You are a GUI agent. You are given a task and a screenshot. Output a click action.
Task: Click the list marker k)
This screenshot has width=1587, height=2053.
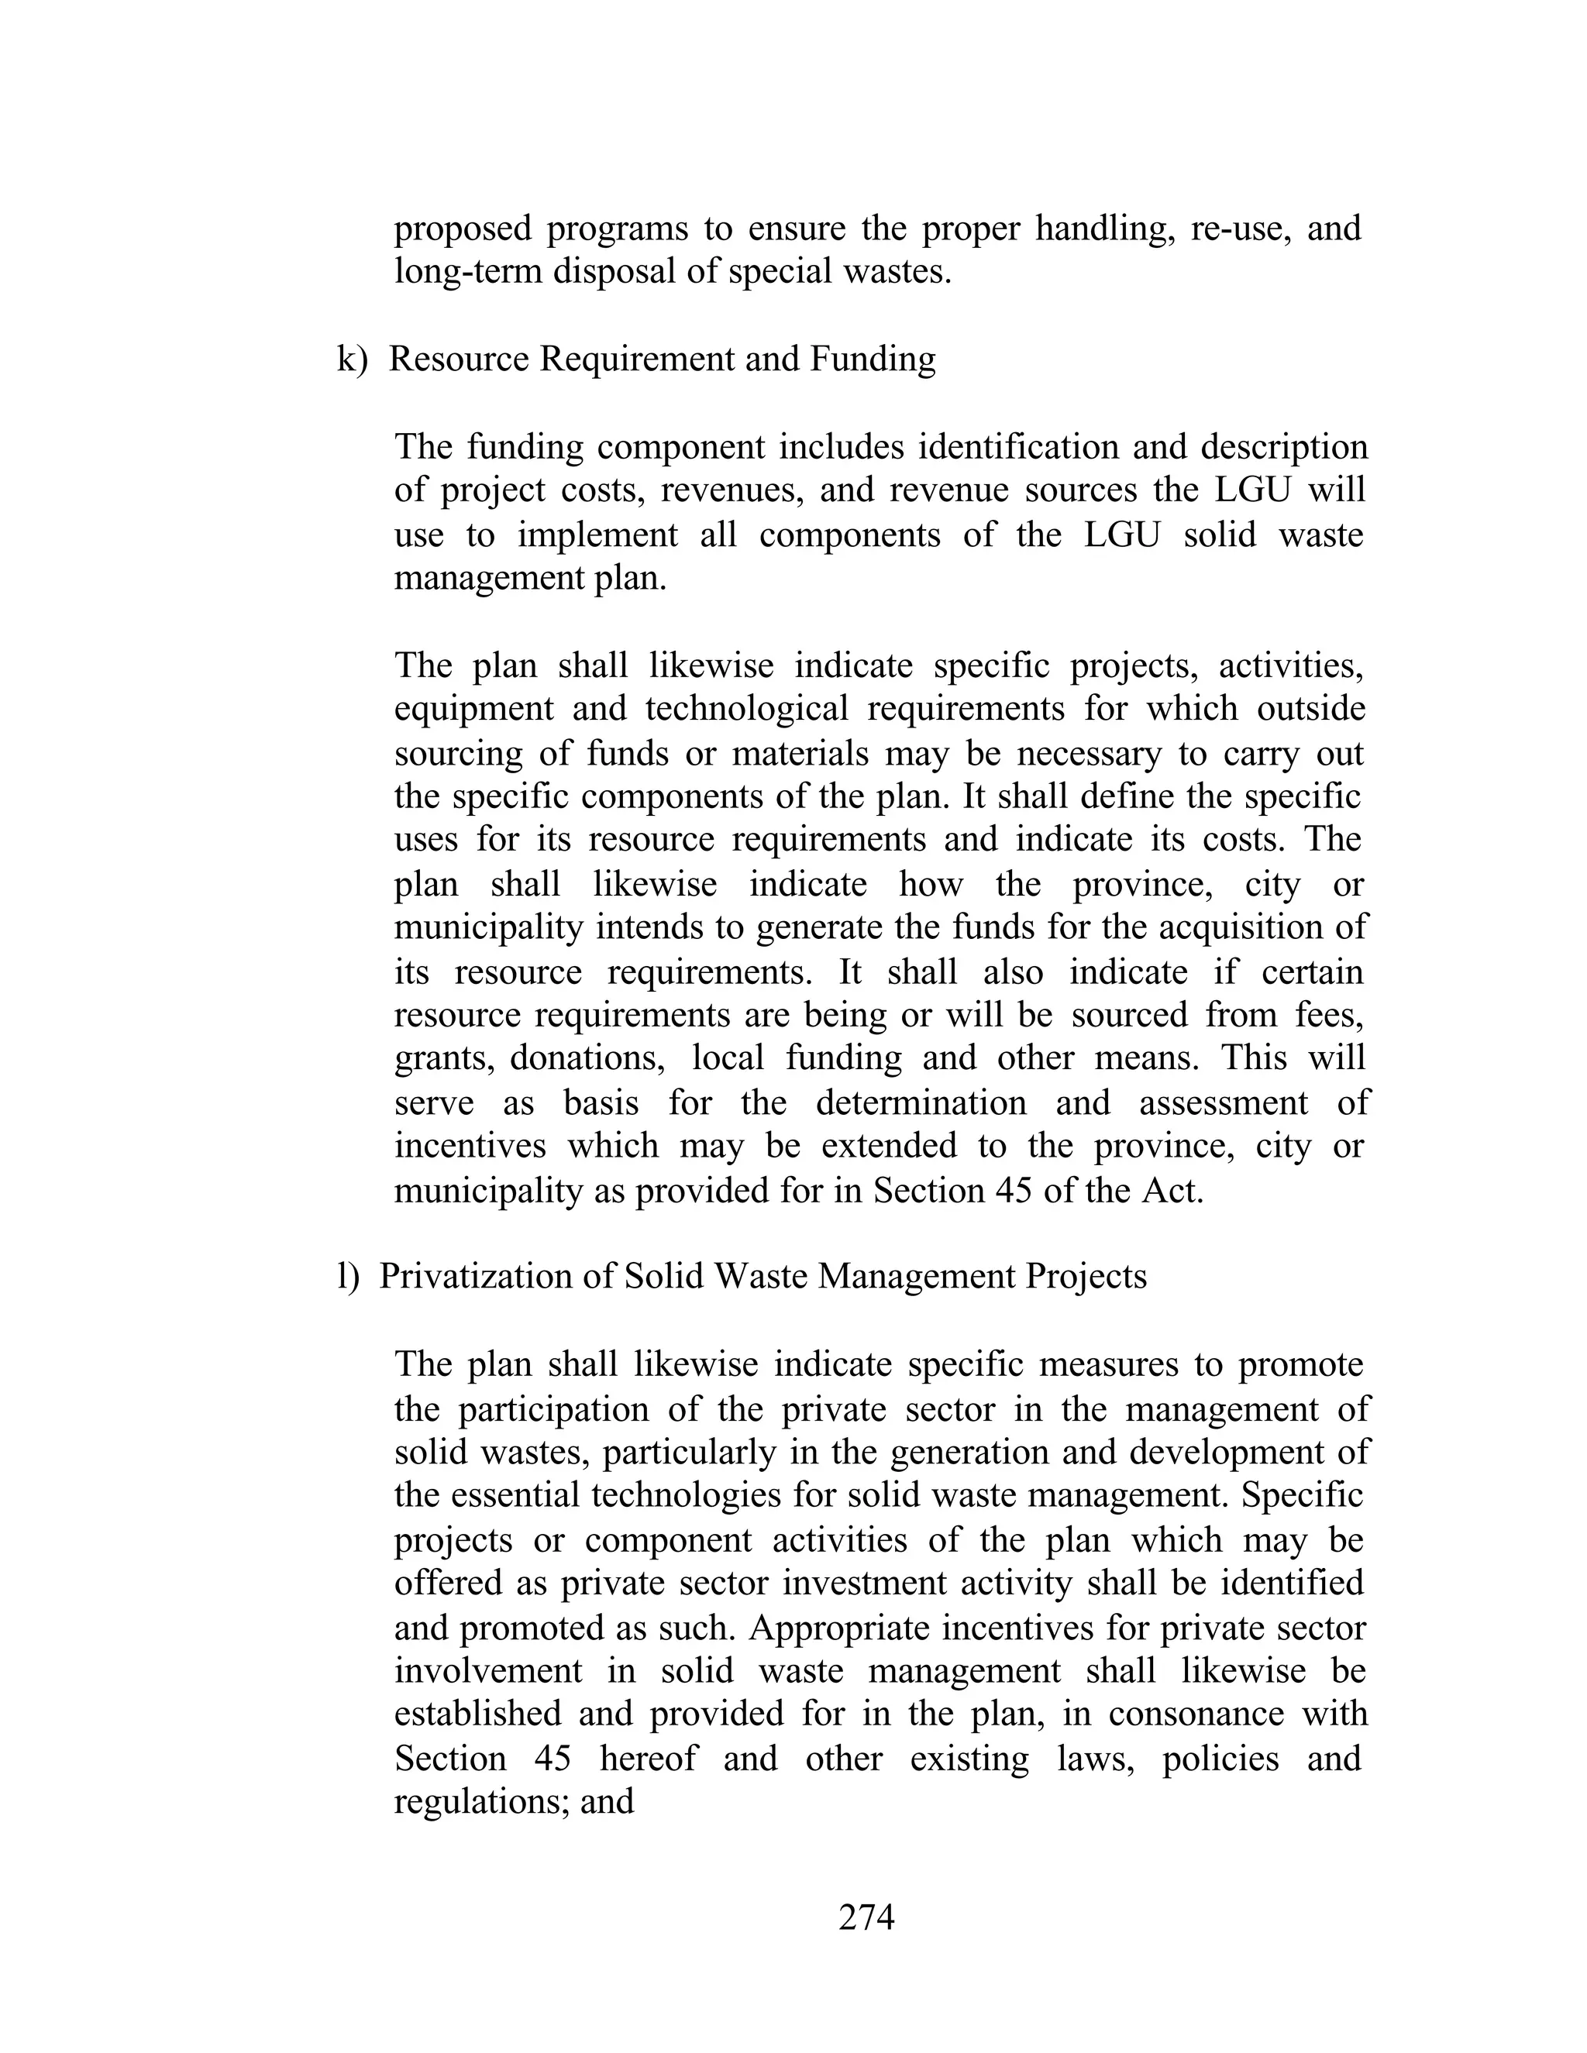[x=353, y=359]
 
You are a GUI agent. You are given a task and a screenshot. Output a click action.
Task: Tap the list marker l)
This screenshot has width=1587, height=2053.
[x=348, y=1277]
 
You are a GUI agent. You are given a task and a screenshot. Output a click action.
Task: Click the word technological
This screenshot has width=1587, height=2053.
[x=746, y=708]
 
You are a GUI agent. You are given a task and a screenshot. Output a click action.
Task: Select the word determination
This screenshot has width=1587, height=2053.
[x=921, y=1102]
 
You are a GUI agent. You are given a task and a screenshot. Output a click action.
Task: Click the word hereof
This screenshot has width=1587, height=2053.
[x=649, y=1758]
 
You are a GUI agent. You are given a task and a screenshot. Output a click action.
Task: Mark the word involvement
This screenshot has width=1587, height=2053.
[x=487, y=1670]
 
